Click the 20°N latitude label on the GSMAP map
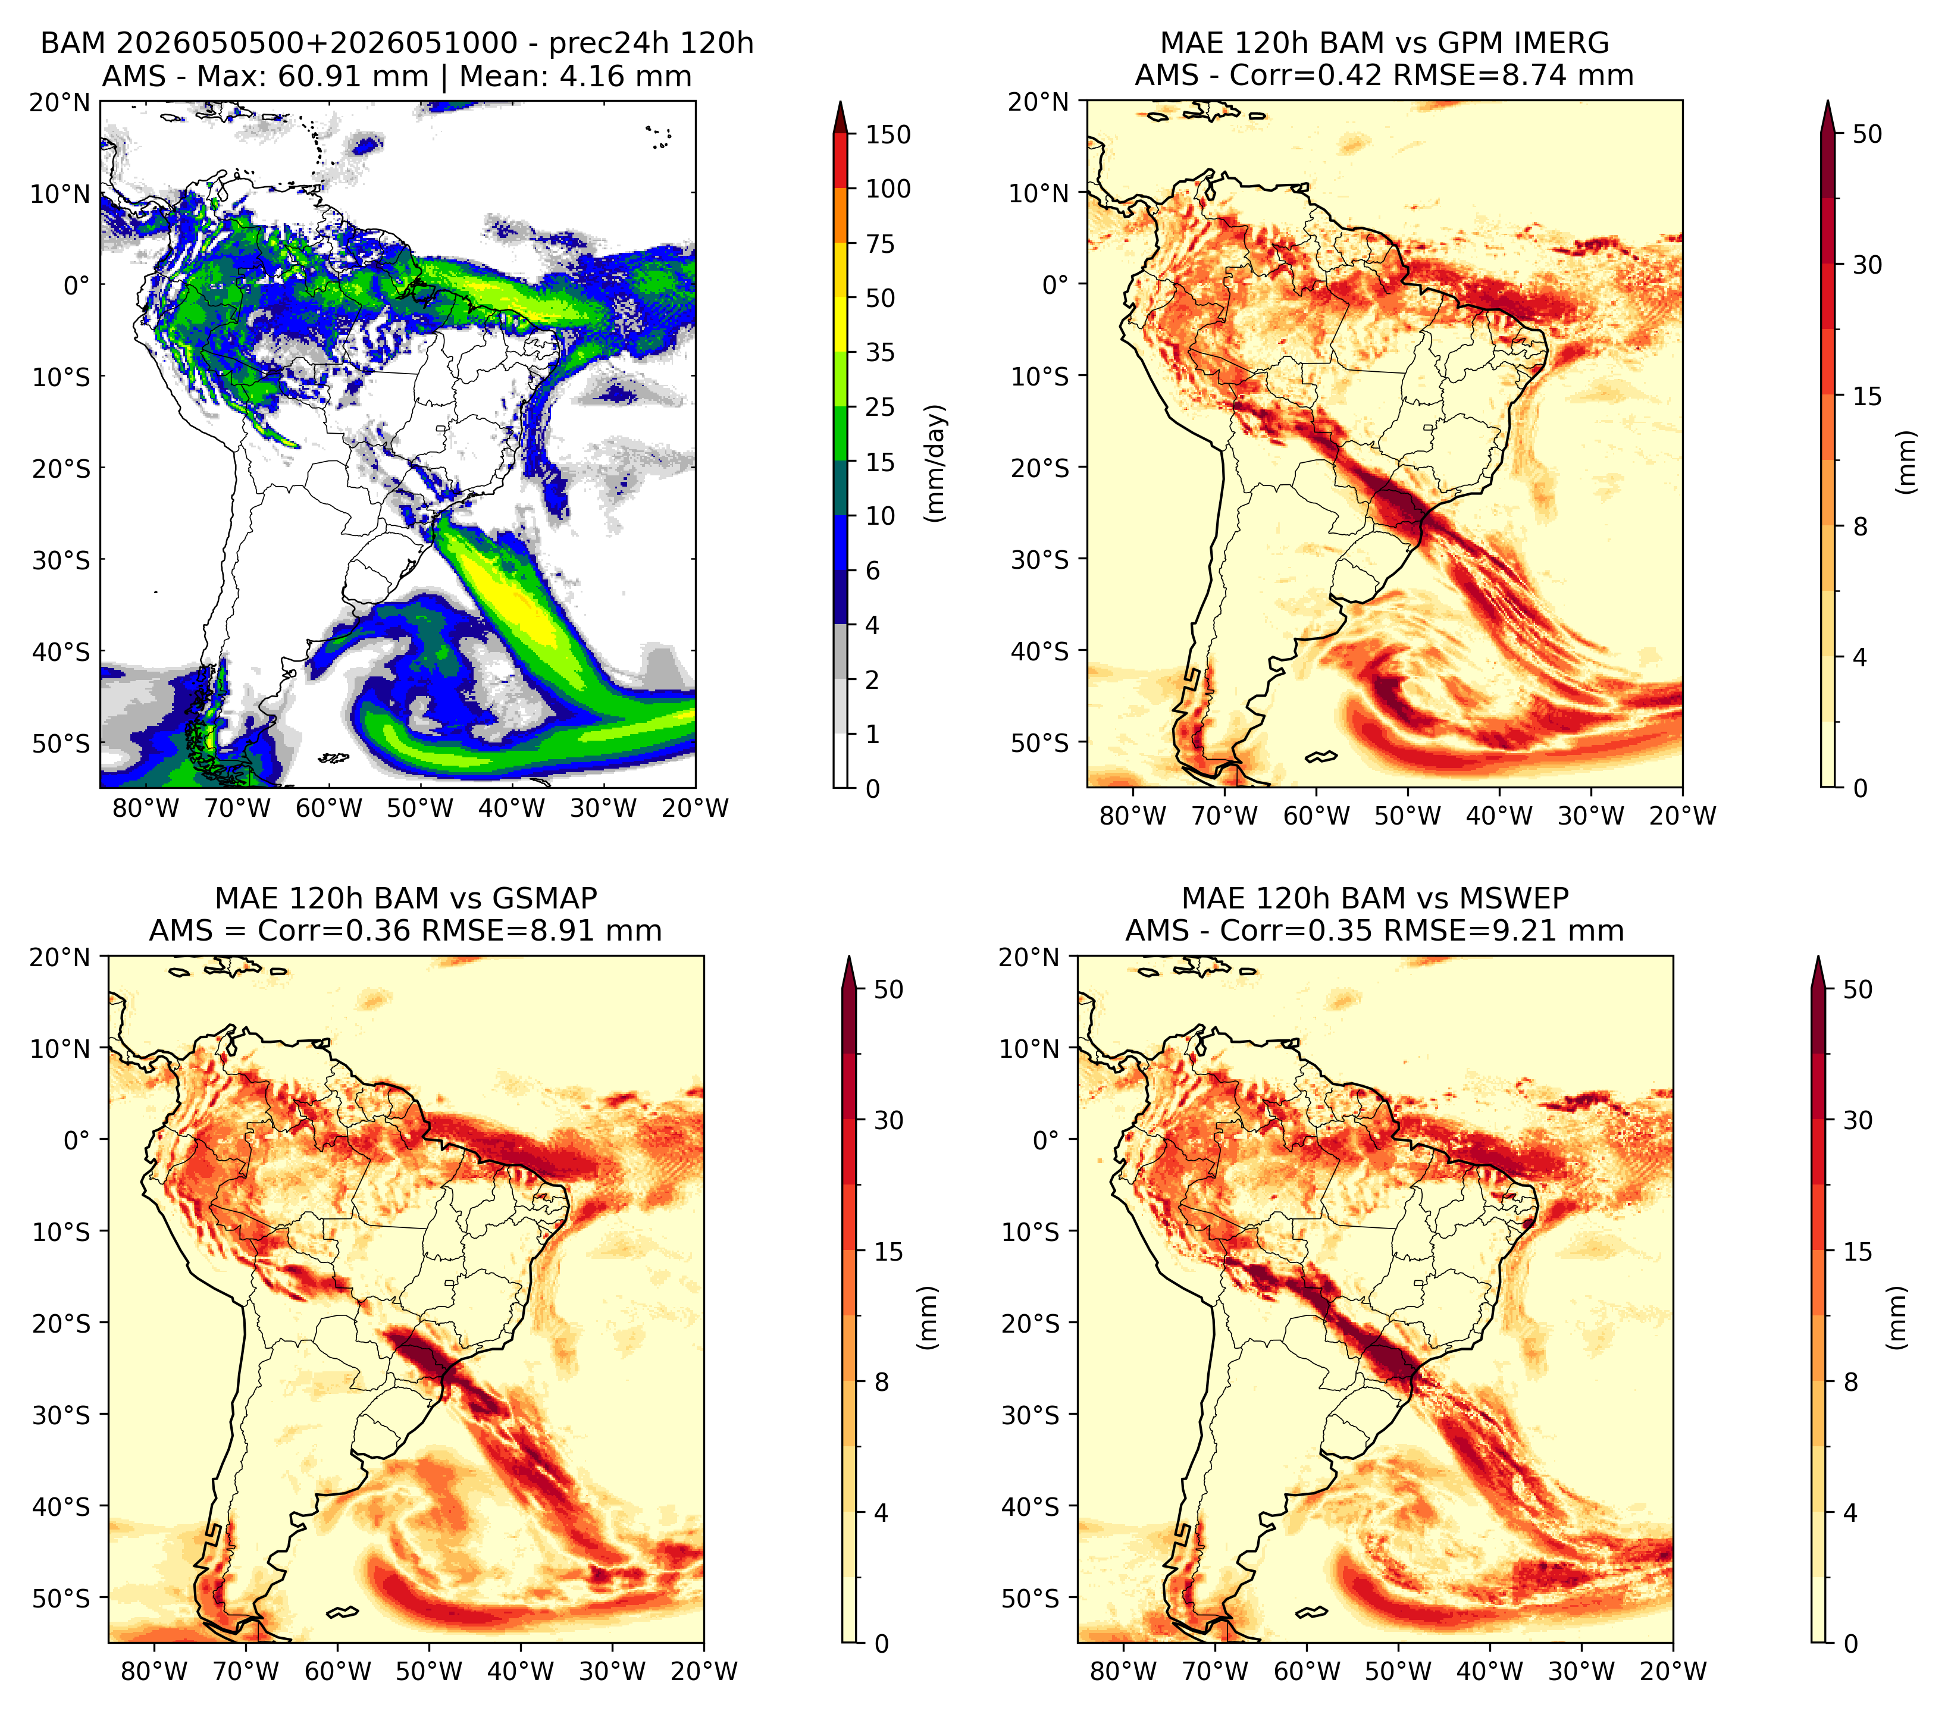click(x=59, y=957)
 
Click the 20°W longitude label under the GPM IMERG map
click(x=1682, y=816)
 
